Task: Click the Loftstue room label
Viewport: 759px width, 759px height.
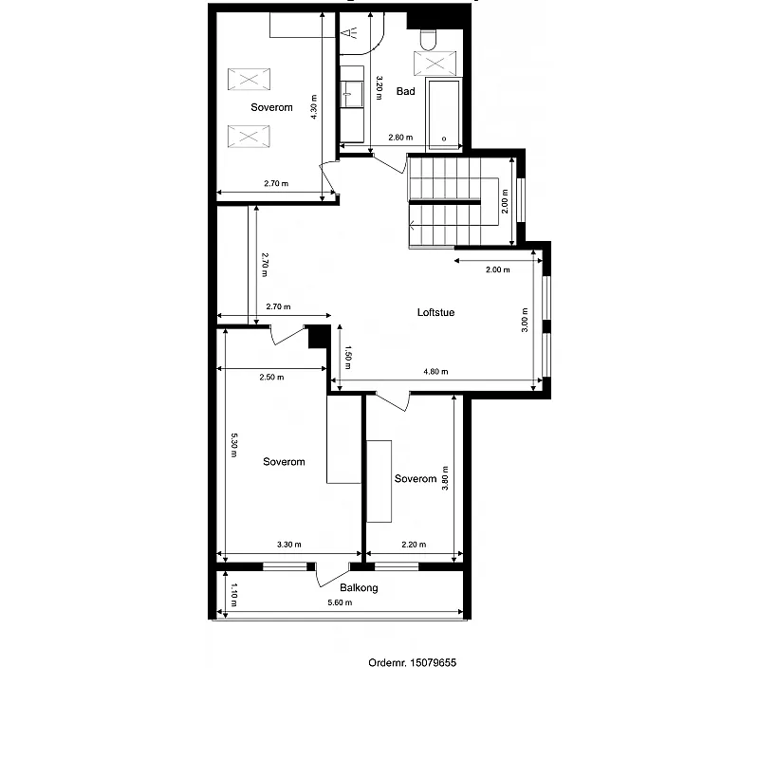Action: coord(435,312)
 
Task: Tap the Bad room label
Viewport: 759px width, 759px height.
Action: coord(406,91)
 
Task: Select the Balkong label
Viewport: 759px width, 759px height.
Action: coord(359,587)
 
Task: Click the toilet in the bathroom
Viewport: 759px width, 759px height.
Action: coord(428,40)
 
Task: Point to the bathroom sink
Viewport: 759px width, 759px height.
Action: coord(352,93)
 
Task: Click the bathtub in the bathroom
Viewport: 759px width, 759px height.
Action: coord(443,115)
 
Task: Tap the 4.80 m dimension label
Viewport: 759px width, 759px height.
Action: coord(435,372)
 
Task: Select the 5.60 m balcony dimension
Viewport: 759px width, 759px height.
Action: coord(340,602)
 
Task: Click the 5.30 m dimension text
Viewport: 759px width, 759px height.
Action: coord(233,445)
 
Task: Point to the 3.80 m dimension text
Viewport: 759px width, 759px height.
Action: coord(445,478)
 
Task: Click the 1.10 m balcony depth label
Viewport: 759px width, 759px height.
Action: coord(233,595)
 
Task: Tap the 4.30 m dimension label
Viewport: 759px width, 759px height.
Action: coord(314,107)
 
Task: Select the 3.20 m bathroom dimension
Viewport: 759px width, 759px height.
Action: coord(379,87)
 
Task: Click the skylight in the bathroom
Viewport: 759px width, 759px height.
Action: coord(435,64)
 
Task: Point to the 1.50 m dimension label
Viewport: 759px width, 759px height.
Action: coord(347,357)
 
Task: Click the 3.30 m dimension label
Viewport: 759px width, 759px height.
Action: coord(289,545)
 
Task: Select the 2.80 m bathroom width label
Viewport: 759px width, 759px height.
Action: coord(400,138)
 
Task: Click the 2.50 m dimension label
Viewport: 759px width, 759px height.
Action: coord(271,377)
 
